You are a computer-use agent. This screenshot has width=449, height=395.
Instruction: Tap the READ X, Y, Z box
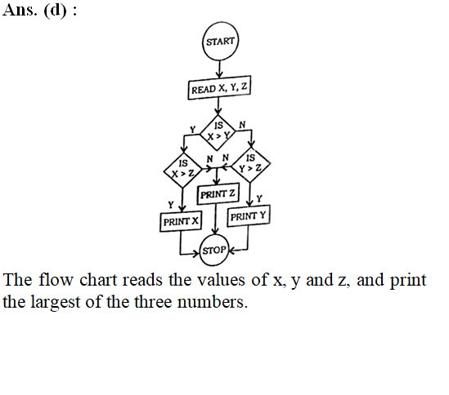coord(219,88)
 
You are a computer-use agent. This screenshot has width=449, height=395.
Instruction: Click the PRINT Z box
coord(218,193)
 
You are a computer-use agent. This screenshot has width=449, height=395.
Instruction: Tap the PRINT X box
coord(181,221)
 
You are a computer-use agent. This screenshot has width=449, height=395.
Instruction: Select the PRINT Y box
coord(249,215)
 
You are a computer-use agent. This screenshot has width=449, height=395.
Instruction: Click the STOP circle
coord(214,251)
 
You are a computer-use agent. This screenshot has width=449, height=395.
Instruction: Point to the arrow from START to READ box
coord(219,69)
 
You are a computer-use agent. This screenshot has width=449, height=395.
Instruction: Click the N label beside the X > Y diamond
coord(242,125)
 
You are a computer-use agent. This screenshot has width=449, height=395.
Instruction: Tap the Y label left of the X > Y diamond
coord(193,130)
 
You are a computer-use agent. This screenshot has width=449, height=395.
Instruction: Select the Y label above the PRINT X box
coord(171,205)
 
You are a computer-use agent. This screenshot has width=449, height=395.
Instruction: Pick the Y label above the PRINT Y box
coord(259,198)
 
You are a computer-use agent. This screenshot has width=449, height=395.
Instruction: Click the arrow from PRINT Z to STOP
coord(216,220)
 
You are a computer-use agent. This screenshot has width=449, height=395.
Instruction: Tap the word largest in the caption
coord(56,303)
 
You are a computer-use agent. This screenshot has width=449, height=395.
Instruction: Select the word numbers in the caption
coord(212,302)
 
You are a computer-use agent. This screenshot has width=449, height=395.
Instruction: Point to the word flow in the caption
coord(56,279)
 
